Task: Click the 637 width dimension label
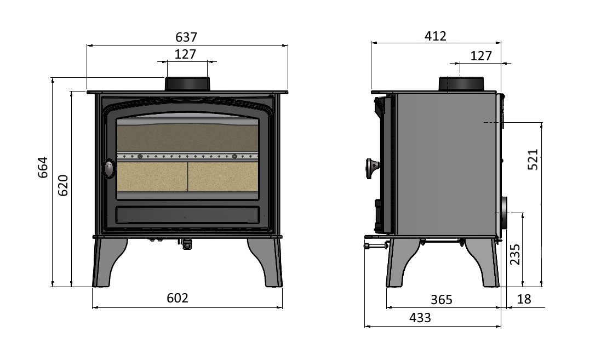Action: coord(186,37)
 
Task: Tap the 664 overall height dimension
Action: coord(43,167)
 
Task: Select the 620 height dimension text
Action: coord(63,185)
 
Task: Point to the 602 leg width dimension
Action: coord(178,298)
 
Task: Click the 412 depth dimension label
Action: coord(436,36)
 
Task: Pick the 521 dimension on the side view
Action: coord(533,159)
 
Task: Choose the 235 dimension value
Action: coord(515,254)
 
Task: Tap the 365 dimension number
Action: coord(442,299)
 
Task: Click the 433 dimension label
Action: coord(420,318)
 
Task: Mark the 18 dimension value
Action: coord(524,299)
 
